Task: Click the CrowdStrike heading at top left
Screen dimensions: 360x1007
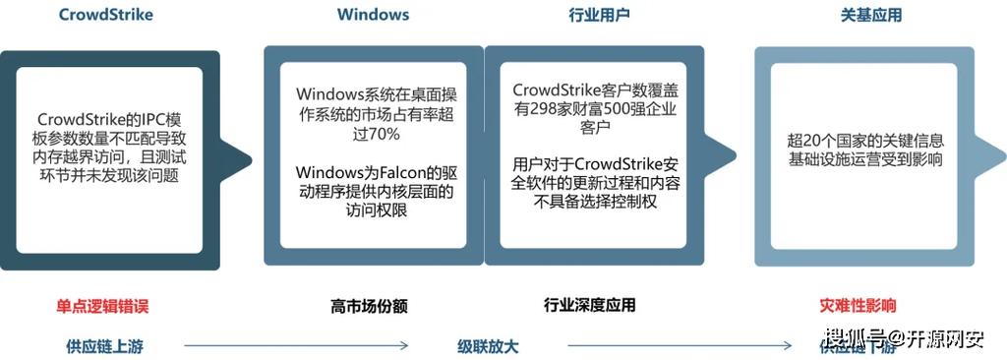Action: [x=106, y=15]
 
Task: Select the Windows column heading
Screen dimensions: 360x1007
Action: [x=373, y=15]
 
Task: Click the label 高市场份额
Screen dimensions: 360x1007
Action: [x=369, y=306]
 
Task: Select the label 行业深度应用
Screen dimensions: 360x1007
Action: [x=589, y=305]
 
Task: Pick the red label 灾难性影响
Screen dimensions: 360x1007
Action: [x=858, y=305]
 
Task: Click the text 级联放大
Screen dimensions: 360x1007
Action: [x=488, y=345]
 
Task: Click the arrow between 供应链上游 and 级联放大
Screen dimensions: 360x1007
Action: [x=295, y=345]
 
